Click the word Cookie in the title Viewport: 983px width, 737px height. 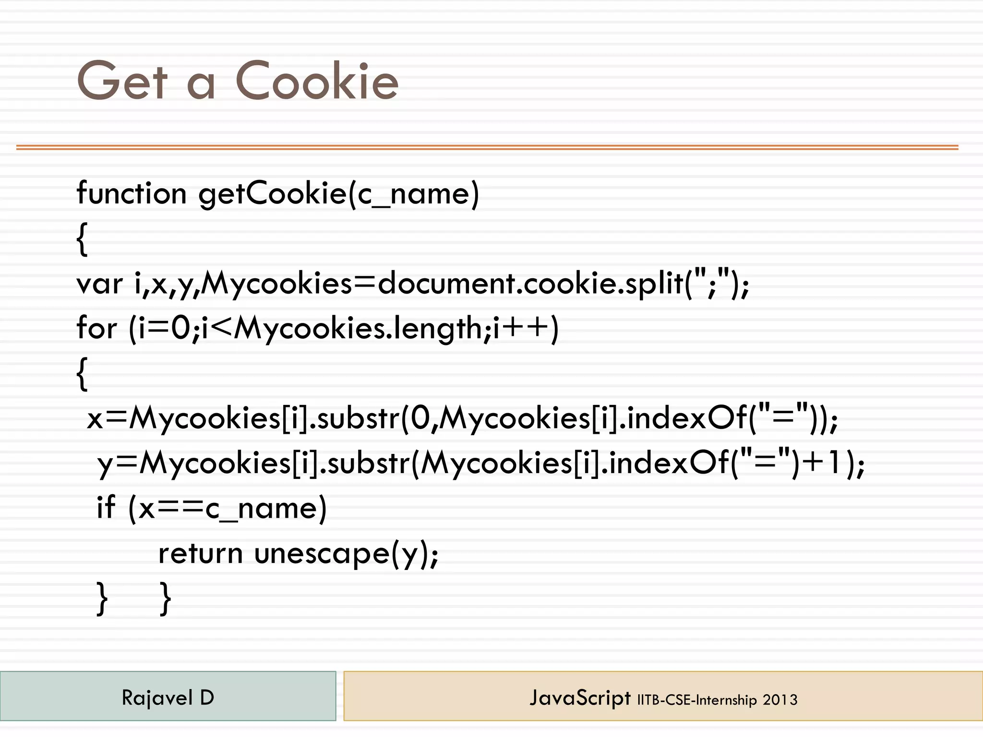[317, 82]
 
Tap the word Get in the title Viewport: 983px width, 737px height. [122, 82]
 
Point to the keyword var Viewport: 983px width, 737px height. [99, 284]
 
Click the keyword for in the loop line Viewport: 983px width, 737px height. [96, 329]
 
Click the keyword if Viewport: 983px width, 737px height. [106, 507]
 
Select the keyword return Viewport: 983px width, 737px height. [200, 553]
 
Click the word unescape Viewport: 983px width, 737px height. [322, 553]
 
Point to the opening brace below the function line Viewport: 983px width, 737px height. [82, 239]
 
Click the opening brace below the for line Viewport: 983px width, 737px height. [82, 374]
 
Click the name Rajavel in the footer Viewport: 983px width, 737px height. [157, 698]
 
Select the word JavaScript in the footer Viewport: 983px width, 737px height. [580, 698]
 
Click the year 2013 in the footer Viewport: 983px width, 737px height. [780, 700]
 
